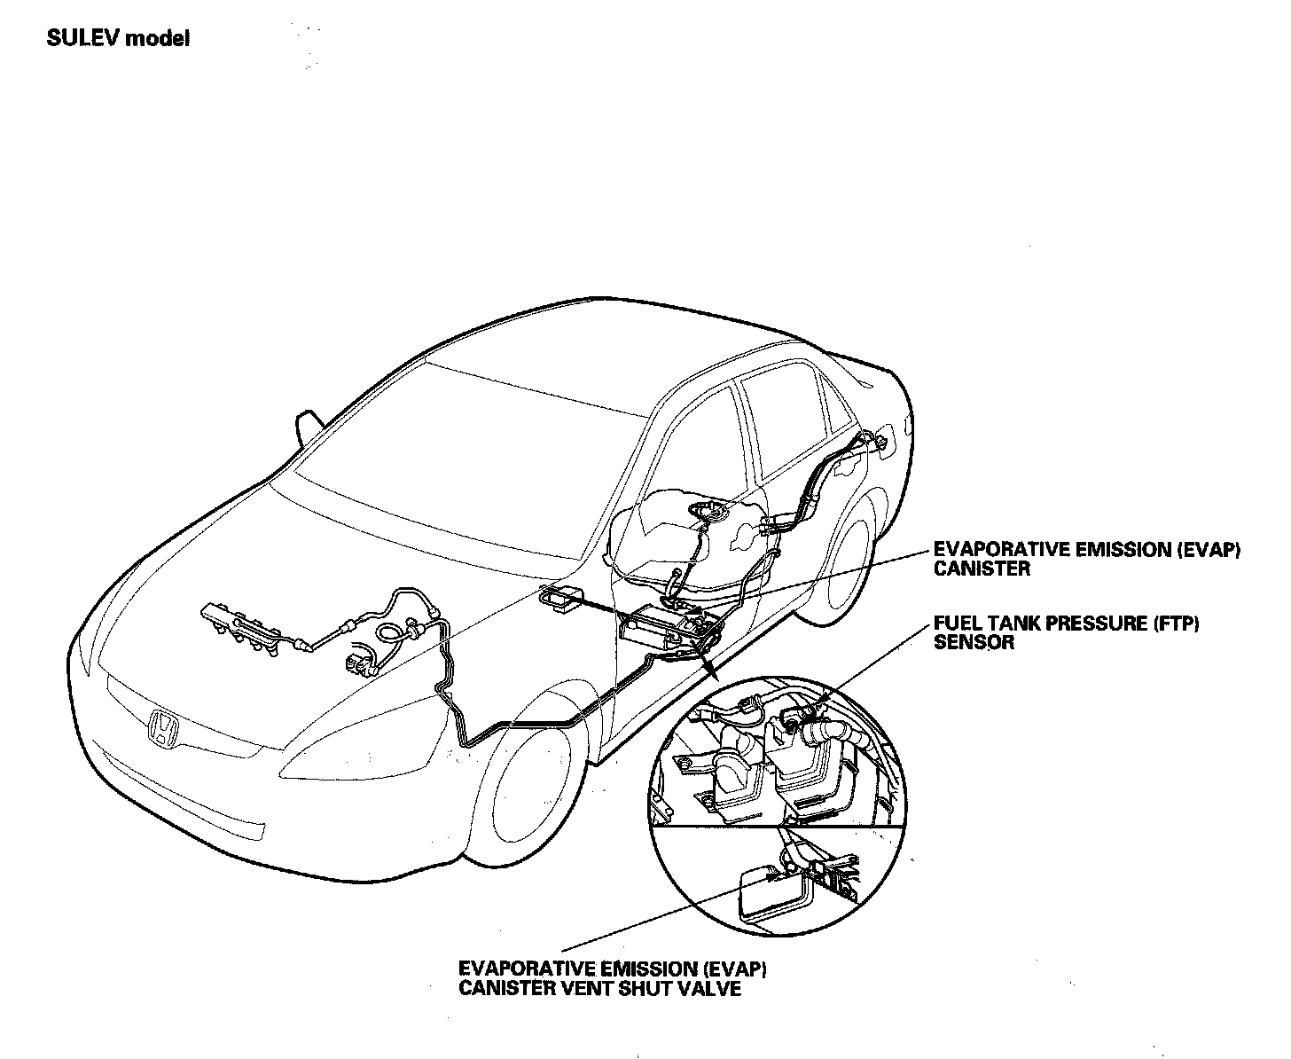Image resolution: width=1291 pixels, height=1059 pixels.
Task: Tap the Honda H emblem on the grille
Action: pyautogui.click(x=163, y=727)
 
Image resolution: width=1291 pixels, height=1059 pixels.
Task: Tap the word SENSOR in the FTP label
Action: pyautogui.click(x=974, y=642)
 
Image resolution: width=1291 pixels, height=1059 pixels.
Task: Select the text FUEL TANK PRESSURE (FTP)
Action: pyautogui.click(x=1066, y=624)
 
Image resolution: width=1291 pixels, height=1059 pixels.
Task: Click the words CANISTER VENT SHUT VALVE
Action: pyautogui.click(x=599, y=988)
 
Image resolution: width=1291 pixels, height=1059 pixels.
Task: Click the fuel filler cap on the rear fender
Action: pyautogui.click(x=880, y=438)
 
